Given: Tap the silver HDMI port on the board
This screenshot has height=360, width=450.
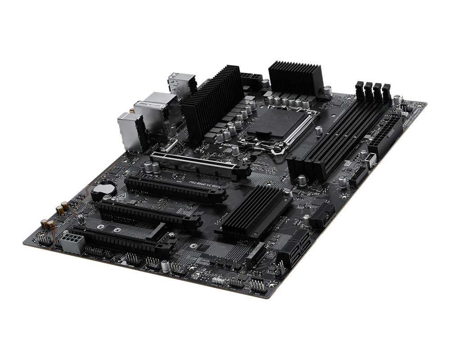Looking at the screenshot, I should pyautogui.click(x=171, y=145).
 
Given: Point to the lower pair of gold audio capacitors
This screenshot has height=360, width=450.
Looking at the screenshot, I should pyautogui.click(x=47, y=224).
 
